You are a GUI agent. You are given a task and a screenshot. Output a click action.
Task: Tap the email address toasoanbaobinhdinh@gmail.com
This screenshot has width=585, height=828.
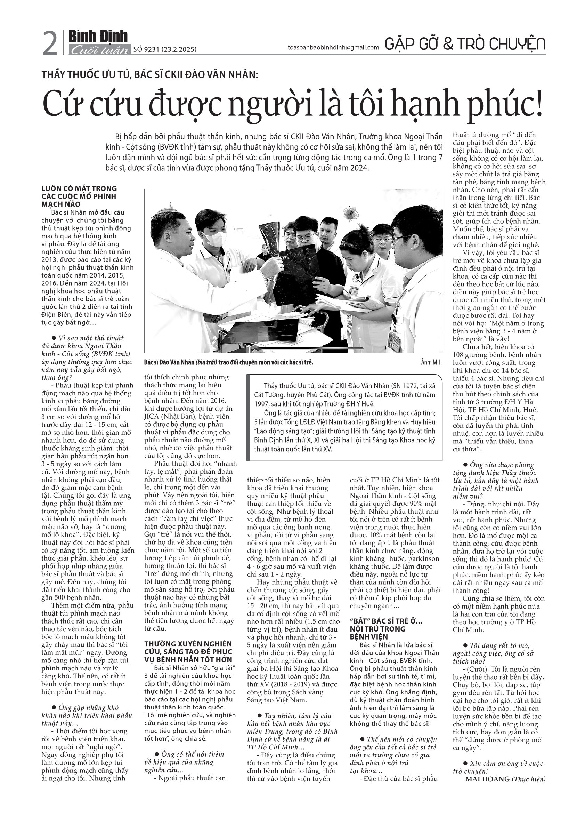pyautogui.click(x=333, y=48)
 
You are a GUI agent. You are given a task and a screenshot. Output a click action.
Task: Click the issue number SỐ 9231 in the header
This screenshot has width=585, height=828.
pyautogui.click(x=146, y=50)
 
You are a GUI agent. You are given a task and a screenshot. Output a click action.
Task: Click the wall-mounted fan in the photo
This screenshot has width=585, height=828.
pyautogui.click(x=349, y=214)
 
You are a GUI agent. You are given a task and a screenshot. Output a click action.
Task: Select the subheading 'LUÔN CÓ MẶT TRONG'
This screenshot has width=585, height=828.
pyautogui.click(x=79, y=188)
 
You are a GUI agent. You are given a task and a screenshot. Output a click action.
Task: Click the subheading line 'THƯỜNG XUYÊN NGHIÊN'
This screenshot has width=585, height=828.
pyautogui.click(x=188, y=644)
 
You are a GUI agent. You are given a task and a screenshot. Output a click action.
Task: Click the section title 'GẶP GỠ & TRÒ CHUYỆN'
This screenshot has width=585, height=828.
pyautogui.click(x=465, y=44)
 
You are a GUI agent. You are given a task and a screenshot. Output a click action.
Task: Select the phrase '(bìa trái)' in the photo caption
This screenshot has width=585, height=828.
pyautogui.click(x=208, y=362)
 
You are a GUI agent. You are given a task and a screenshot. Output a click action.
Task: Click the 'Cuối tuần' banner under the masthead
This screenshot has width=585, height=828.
pyautogui.click(x=99, y=50)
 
